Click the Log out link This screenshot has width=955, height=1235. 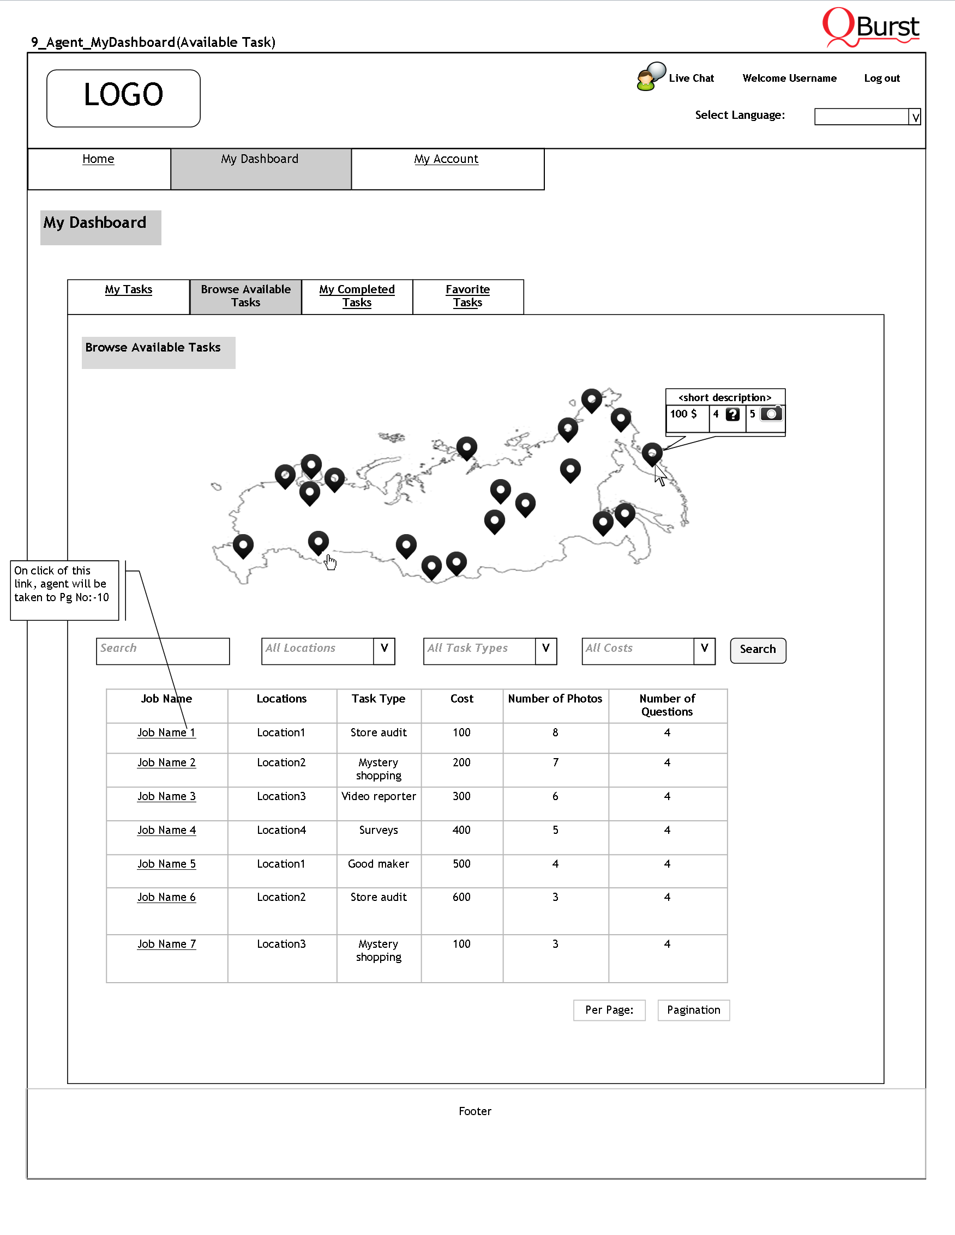[x=881, y=78]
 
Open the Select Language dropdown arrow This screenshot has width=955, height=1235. [x=915, y=117]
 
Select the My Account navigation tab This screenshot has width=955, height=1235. [x=446, y=160]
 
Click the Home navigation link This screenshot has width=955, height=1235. [x=98, y=160]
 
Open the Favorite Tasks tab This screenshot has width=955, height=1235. [x=467, y=296]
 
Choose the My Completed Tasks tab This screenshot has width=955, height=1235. [x=357, y=296]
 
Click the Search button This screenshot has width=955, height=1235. [x=758, y=650]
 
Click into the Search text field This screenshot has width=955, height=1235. [x=163, y=651]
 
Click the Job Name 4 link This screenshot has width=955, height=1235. [x=166, y=830]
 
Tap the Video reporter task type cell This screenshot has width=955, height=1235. [x=379, y=797]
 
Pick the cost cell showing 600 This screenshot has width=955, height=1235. [x=461, y=898]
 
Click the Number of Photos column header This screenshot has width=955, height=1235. [x=555, y=699]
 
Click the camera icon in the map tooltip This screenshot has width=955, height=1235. [x=771, y=414]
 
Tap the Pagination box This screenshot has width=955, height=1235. [x=693, y=1010]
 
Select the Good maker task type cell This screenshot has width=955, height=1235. [x=379, y=864]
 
